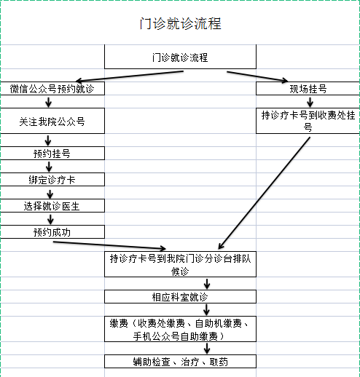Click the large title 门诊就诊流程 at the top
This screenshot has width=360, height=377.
tap(180, 23)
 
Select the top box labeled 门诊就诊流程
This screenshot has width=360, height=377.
tap(180, 57)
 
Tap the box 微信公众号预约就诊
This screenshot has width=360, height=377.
tap(52, 89)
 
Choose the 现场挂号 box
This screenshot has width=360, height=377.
tap(308, 89)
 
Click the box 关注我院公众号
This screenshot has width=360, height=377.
tap(52, 121)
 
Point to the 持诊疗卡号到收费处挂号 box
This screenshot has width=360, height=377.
tap(308, 121)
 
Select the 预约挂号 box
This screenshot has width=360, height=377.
tap(52, 153)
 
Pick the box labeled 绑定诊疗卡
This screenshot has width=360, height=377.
tap(52, 180)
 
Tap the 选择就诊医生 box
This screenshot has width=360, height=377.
tap(52, 206)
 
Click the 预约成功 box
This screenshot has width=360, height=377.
tap(52, 232)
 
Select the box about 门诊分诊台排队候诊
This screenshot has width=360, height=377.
tap(180, 264)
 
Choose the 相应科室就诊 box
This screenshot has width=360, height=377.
tap(180, 296)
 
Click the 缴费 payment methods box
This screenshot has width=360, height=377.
tap(180, 329)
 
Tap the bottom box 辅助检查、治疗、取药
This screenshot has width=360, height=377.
tap(180, 362)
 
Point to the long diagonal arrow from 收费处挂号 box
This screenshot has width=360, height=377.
tap(265, 193)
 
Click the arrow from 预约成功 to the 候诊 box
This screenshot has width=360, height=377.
tap(109, 245)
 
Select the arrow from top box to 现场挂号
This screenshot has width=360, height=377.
tap(257, 76)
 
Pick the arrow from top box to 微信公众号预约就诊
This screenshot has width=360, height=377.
tap(130, 76)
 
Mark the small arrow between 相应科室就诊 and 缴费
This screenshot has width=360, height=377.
tap(206, 309)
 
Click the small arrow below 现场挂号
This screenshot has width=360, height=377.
tap(310, 102)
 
